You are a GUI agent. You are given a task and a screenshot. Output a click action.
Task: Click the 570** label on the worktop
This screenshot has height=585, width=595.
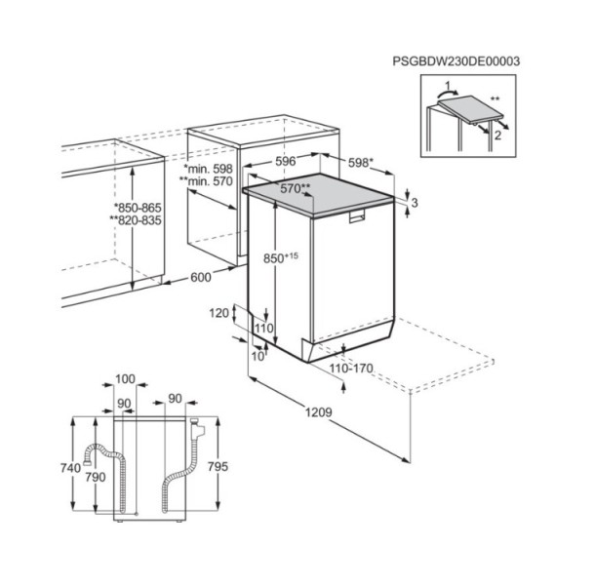[x=296, y=188]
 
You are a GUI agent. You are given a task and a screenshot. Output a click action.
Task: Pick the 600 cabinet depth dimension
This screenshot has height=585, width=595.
[x=200, y=278]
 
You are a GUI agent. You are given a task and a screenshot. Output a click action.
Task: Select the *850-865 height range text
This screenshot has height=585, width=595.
[x=138, y=207]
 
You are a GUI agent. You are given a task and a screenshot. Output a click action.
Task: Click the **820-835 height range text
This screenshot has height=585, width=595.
[x=136, y=221]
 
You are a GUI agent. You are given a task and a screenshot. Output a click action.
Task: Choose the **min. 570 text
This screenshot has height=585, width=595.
[x=204, y=182]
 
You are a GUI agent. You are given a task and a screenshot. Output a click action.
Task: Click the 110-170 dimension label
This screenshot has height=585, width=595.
[x=352, y=370]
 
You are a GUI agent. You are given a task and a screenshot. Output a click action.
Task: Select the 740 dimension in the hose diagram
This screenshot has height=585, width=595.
[x=69, y=468]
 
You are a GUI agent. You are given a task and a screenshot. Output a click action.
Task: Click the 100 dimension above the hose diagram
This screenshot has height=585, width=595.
[x=125, y=378]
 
